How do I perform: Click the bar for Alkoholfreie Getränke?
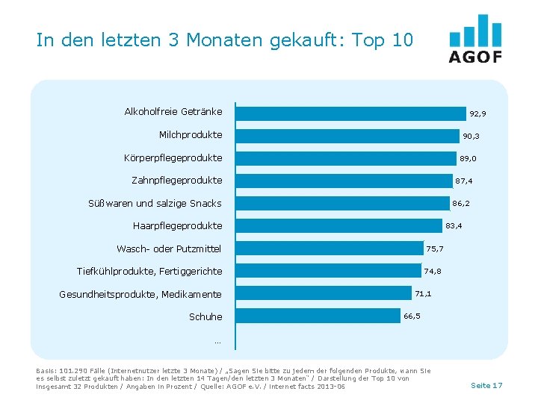(350, 113)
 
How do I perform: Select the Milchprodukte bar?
(347, 136)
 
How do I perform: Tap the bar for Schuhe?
(318, 316)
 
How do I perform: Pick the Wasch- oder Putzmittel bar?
(329, 249)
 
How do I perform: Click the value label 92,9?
(477, 114)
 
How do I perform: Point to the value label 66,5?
(412, 316)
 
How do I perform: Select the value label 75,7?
(435, 249)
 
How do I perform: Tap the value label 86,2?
(461, 203)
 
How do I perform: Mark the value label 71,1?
(424, 294)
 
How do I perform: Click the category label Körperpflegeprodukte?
(173, 158)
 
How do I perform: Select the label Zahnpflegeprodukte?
(176, 181)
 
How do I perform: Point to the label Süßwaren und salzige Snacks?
(155, 204)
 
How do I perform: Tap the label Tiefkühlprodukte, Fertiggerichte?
(149, 272)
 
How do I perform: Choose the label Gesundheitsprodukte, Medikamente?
(140, 295)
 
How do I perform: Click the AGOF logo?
(475, 39)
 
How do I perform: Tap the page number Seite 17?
(486, 385)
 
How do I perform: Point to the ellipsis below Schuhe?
(217, 342)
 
